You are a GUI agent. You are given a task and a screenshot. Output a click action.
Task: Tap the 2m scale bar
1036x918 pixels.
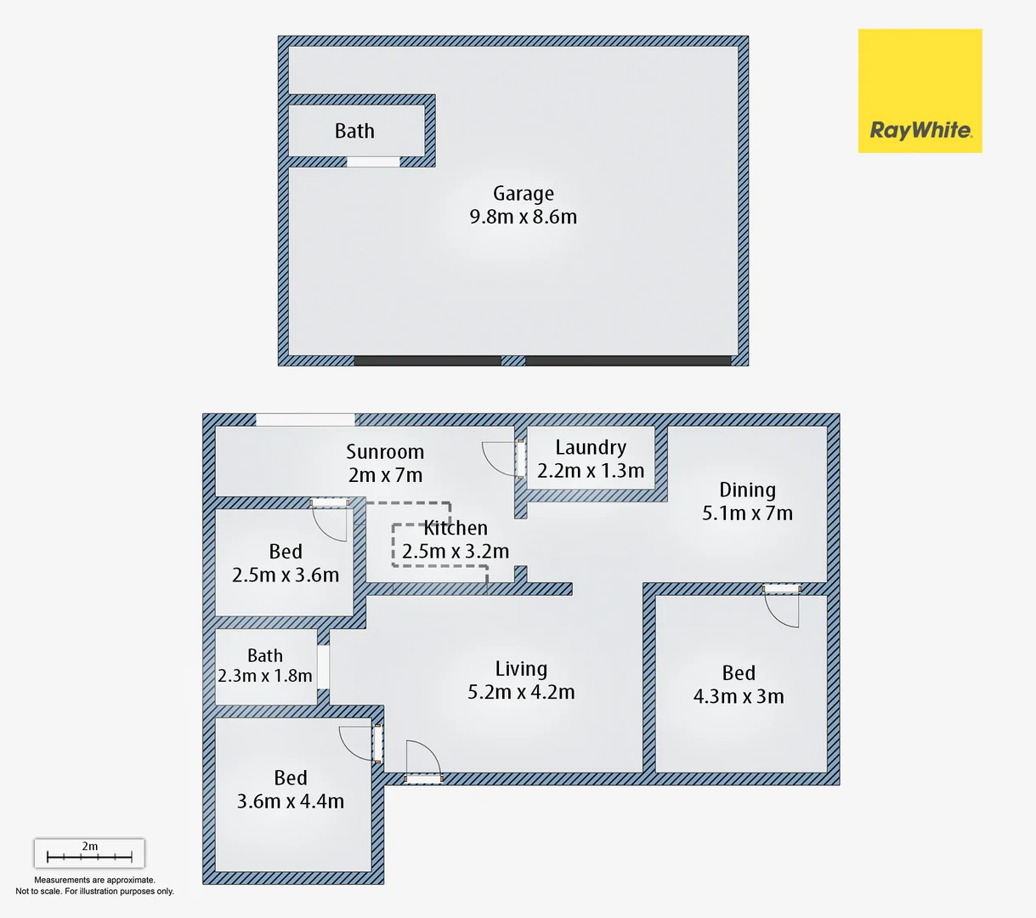pyautogui.click(x=89, y=853)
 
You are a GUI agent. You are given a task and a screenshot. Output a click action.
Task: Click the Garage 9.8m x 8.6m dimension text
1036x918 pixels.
pyautogui.click(x=523, y=218)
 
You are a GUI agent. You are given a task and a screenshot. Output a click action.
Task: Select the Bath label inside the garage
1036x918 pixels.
pyautogui.click(x=354, y=131)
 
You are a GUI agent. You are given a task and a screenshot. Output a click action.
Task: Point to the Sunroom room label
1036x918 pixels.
pyautogui.click(x=385, y=452)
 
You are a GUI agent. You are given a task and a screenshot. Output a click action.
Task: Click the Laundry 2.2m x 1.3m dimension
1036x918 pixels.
pyautogui.click(x=591, y=471)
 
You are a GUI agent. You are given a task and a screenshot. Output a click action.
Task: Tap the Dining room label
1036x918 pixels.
pyautogui.click(x=747, y=490)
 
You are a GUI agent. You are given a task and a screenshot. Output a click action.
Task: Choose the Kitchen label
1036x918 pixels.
pyautogui.click(x=456, y=528)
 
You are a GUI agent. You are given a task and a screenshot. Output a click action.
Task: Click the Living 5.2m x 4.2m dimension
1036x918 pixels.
pyautogui.click(x=521, y=693)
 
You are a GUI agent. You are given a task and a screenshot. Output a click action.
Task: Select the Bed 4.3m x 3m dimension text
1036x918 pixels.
pyautogui.click(x=739, y=697)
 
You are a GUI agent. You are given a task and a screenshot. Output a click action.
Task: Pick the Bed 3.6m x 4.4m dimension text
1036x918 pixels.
pyautogui.click(x=291, y=802)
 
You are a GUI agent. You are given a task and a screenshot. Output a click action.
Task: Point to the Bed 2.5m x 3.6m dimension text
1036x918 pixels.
pyautogui.click(x=286, y=575)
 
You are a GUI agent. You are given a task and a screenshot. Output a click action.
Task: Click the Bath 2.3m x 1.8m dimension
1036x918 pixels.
pyautogui.click(x=265, y=677)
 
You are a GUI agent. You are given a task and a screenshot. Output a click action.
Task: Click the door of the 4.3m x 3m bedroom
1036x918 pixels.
pyautogui.click(x=781, y=607)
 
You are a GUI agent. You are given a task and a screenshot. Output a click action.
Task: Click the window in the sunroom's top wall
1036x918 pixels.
pyautogui.click(x=306, y=419)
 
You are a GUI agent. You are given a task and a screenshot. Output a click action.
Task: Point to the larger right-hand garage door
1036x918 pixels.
pyautogui.click(x=628, y=361)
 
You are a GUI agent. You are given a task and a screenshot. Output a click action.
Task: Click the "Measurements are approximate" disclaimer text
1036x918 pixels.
pyautogui.click(x=94, y=881)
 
